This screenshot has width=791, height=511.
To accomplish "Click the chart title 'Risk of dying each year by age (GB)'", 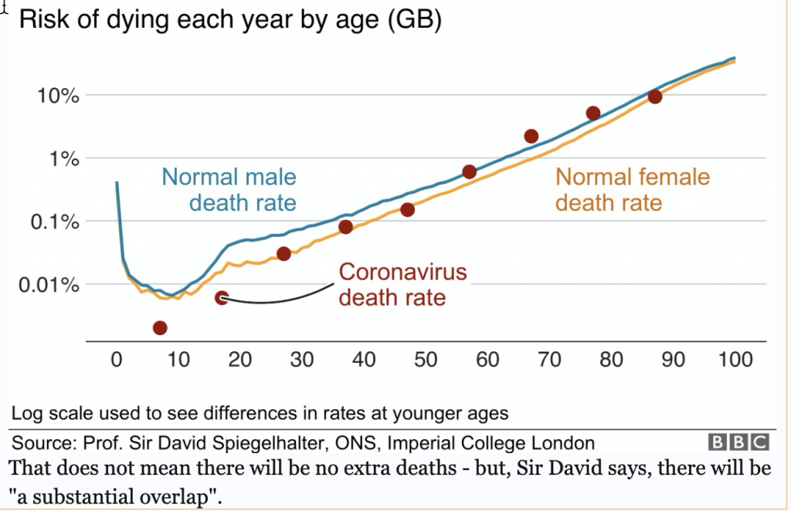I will [x=229, y=20].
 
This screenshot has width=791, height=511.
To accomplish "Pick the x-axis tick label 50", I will [x=426, y=360].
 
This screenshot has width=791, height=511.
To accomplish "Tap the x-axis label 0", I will [x=117, y=360].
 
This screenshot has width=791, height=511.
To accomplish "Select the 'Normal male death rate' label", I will [x=229, y=190].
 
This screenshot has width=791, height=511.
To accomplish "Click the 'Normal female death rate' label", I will [x=632, y=190].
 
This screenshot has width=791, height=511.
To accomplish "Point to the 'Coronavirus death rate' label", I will [x=403, y=284].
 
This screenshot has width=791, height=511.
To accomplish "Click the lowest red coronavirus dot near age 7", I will [x=160, y=327].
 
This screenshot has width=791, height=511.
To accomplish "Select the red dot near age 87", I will [x=654, y=96].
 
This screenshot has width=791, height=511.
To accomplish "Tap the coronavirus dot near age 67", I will [x=531, y=137].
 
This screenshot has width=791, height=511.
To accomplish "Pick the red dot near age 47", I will [x=407, y=209].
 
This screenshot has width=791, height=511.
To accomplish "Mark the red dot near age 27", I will [x=283, y=254].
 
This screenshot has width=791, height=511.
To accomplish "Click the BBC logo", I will [x=739, y=442].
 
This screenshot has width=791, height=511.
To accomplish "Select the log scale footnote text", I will [x=260, y=413].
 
